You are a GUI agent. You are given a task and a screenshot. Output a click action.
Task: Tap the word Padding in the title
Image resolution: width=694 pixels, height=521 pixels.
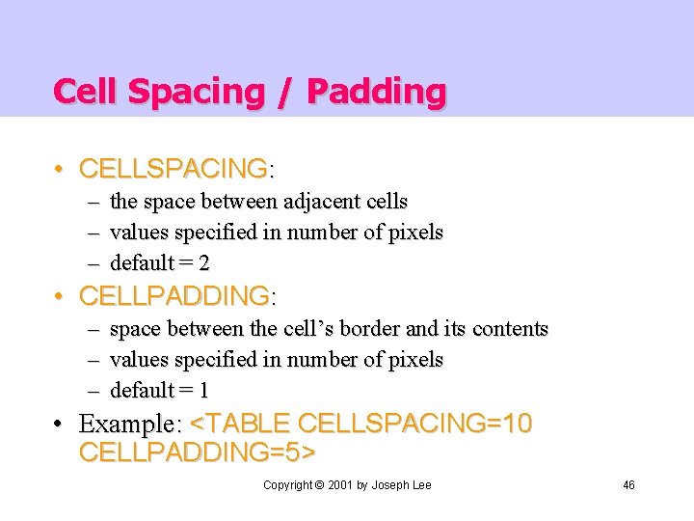tap(377, 92)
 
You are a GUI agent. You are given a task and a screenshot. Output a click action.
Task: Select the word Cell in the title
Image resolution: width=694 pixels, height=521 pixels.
tap(87, 92)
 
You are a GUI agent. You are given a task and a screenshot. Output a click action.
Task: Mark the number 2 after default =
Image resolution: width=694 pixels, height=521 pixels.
tap(204, 263)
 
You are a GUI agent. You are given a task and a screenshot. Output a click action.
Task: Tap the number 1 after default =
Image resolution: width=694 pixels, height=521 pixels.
tap(203, 391)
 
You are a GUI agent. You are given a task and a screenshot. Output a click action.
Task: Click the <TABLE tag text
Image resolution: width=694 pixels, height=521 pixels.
tap(241, 424)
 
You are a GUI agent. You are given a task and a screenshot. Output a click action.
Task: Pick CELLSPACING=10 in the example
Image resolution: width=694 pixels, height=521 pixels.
tap(414, 424)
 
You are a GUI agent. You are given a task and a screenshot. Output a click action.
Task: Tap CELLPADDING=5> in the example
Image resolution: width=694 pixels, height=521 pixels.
tap(198, 452)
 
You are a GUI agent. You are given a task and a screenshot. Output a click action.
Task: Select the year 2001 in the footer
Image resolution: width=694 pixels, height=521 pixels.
tap(339, 484)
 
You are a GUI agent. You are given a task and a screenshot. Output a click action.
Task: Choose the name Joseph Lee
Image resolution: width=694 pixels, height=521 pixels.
tap(402, 484)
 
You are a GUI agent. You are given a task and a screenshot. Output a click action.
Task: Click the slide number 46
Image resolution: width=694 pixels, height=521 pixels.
tap(628, 484)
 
